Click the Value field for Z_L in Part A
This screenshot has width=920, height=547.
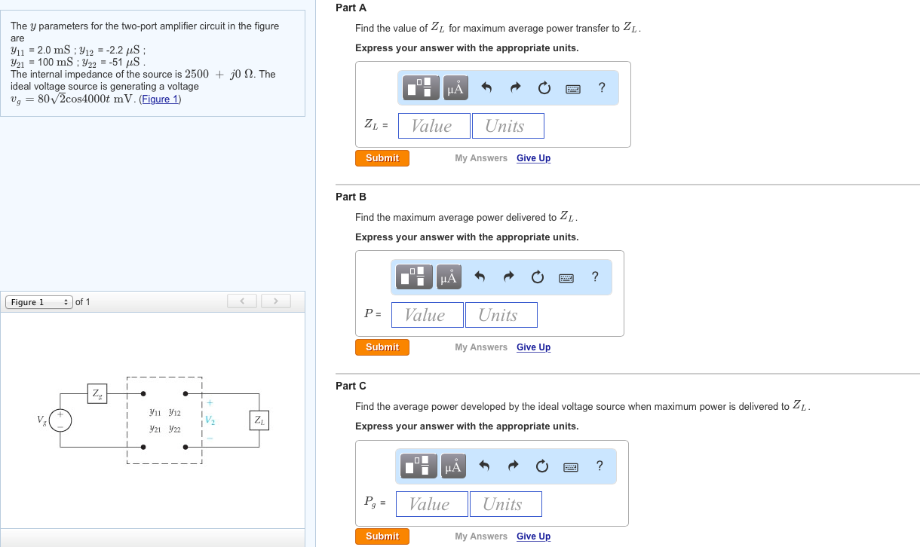tap(434, 126)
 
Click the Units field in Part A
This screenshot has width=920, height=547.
tap(508, 126)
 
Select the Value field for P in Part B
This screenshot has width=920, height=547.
tap(427, 315)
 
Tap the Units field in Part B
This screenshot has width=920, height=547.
tap(501, 315)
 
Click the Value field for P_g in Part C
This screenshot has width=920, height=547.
tap(431, 504)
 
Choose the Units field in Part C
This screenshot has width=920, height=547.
tap(505, 504)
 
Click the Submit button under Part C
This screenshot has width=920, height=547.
tap(382, 536)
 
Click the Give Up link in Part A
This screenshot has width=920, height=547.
tap(533, 158)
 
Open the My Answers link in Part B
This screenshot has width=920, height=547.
tap(481, 347)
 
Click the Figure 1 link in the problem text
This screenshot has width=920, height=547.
tap(160, 99)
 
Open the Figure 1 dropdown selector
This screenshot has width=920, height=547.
tap(39, 302)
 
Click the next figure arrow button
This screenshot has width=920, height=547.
tap(275, 301)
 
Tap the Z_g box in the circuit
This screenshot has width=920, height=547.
tap(97, 394)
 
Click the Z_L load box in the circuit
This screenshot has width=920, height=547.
tap(259, 420)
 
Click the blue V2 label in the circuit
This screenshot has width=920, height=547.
tap(210, 420)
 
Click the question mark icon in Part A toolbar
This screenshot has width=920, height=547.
tap(602, 87)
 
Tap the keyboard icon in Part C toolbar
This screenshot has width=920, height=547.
tap(571, 467)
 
